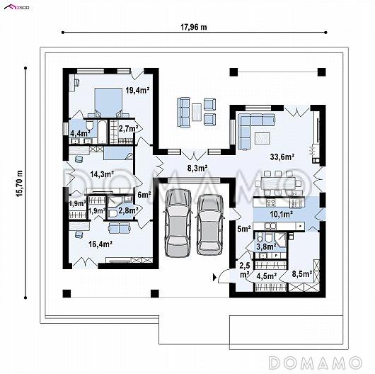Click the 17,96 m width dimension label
[193, 27]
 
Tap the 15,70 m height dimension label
[19, 183]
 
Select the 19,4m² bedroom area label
[137, 90]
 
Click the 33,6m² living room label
[282, 157]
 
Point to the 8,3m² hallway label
[197, 169]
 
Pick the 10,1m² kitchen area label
[282, 215]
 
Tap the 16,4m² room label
[100, 244]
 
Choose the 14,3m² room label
[102, 174]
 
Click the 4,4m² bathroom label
[80, 133]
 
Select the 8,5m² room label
[302, 274]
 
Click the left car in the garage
[177, 222]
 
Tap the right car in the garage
[209, 225]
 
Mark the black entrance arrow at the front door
[214, 278]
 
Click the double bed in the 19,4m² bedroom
[108, 102]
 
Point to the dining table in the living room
[278, 183]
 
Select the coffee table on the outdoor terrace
[197, 112]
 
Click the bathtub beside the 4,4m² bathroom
[102, 132]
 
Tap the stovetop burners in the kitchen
[271, 203]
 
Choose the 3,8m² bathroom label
[267, 246]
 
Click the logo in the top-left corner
[17, 7]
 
